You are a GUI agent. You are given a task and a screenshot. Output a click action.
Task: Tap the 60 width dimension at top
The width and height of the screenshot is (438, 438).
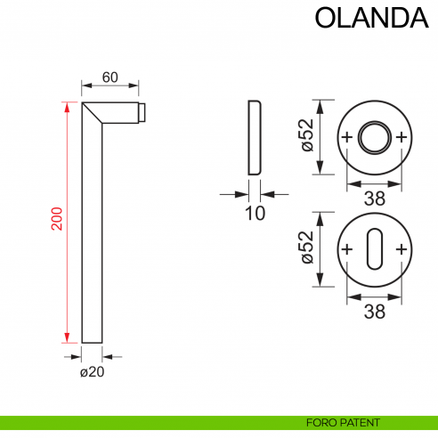110,77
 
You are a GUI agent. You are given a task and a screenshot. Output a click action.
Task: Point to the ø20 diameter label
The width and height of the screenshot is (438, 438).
93,372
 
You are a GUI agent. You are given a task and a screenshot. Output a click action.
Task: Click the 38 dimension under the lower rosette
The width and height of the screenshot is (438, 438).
374,311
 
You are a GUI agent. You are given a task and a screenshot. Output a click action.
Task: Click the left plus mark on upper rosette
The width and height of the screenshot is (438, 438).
346,137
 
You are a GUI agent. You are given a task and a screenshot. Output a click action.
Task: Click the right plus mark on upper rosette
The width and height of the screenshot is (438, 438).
401,137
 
